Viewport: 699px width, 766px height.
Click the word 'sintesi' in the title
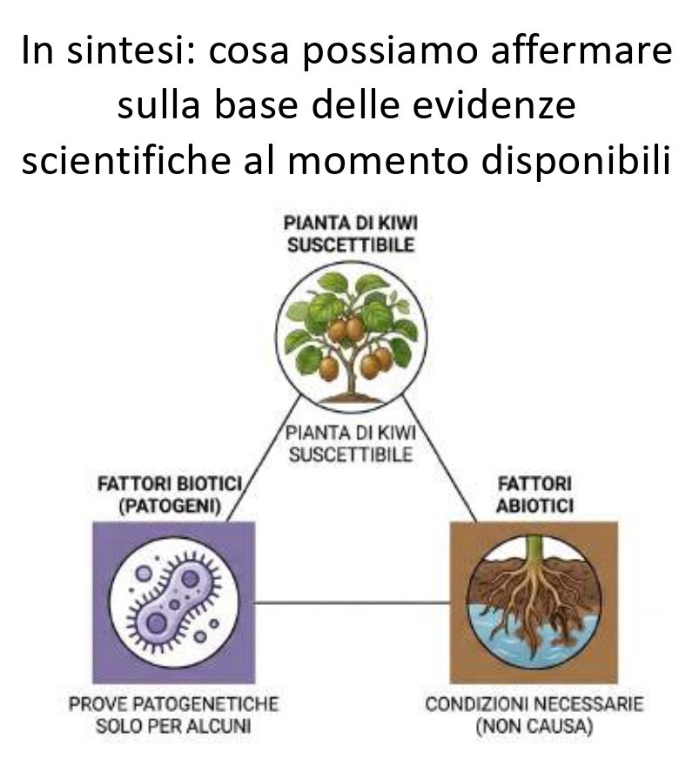131,50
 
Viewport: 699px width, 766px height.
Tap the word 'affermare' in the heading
581,50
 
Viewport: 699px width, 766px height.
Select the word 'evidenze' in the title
494,105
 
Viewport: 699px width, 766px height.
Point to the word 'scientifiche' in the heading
126,160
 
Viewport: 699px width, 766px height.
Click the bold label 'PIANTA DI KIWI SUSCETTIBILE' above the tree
351,234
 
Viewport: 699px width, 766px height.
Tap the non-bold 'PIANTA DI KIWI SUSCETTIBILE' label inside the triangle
351,444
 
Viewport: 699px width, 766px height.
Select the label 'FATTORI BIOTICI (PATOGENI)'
170,495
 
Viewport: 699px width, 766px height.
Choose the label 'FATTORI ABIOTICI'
534,494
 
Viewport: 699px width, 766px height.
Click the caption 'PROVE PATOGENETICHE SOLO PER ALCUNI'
173,716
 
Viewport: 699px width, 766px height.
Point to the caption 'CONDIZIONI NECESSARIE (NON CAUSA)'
534,716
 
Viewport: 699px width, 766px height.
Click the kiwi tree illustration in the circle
351,337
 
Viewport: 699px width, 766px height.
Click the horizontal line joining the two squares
353,603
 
